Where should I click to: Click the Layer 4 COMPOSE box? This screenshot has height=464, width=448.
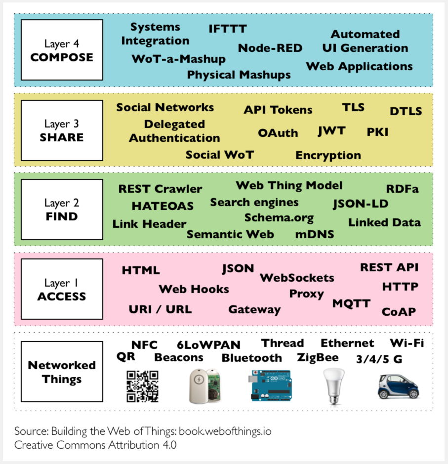tap(62, 50)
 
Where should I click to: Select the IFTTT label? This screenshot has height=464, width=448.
tap(228, 29)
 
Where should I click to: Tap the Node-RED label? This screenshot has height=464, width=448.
tap(270, 48)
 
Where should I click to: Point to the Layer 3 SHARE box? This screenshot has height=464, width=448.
tap(62, 130)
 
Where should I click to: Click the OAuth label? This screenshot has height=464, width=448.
tap(278, 133)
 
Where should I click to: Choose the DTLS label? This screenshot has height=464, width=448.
tap(406, 111)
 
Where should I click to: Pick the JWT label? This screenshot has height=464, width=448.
tap(332, 131)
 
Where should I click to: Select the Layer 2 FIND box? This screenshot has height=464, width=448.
tap(62, 210)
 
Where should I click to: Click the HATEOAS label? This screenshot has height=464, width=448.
tap(163, 206)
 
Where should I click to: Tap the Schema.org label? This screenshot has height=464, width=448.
tap(279, 218)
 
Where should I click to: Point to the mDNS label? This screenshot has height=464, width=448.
tap(315, 234)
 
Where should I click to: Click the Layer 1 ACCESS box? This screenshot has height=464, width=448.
tap(62, 289)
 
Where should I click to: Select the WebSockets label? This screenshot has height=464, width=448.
tap(297, 278)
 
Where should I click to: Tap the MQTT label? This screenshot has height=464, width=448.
tap(351, 303)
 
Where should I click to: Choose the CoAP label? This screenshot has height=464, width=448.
tap(399, 312)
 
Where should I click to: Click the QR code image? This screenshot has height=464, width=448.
tap(143, 386)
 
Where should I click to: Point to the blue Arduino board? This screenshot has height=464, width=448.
tap(271, 385)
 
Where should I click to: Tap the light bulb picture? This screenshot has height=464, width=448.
tap(334, 386)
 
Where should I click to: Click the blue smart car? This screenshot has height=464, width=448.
tap(398, 386)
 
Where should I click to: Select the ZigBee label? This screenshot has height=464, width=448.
tap(318, 358)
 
